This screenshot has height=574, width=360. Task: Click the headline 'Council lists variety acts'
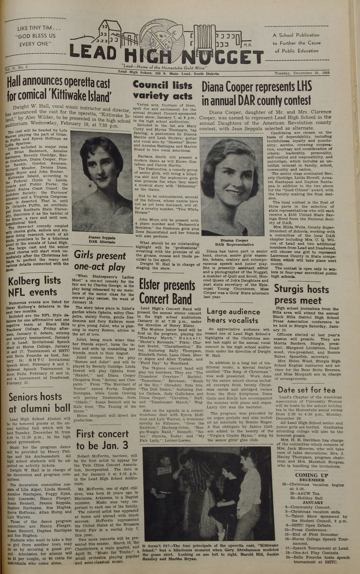162,91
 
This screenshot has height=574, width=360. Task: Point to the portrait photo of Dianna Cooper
231,186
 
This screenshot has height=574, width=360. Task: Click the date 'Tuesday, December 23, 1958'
302,73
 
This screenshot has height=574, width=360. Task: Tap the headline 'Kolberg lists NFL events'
34,286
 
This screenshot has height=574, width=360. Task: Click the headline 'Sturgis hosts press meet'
301,294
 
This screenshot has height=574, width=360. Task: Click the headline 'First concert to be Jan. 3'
102,440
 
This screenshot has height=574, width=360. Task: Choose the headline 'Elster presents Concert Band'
167,291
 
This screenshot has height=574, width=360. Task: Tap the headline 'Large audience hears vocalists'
233,316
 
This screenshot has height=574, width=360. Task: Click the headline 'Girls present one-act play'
100,261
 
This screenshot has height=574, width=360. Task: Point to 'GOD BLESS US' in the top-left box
36,36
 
